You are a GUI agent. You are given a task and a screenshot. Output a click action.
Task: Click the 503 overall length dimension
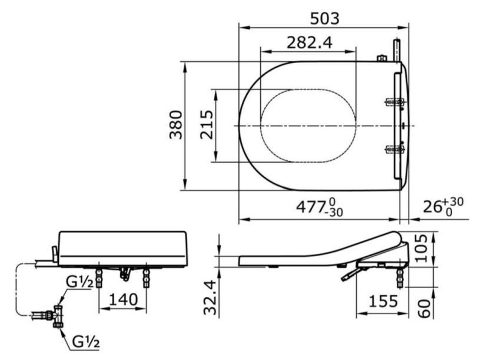(325, 18)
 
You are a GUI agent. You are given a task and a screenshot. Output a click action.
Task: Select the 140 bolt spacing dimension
(122, 299)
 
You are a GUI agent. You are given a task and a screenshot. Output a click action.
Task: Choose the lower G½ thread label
(87, 341)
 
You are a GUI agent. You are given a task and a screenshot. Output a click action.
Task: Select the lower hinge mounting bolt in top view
(394, 149)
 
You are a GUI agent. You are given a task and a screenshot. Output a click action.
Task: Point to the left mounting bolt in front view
(98, 274)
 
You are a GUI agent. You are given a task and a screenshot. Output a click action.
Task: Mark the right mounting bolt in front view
(147, 274)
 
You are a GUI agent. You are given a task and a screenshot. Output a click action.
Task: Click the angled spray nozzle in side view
(350, 274)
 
